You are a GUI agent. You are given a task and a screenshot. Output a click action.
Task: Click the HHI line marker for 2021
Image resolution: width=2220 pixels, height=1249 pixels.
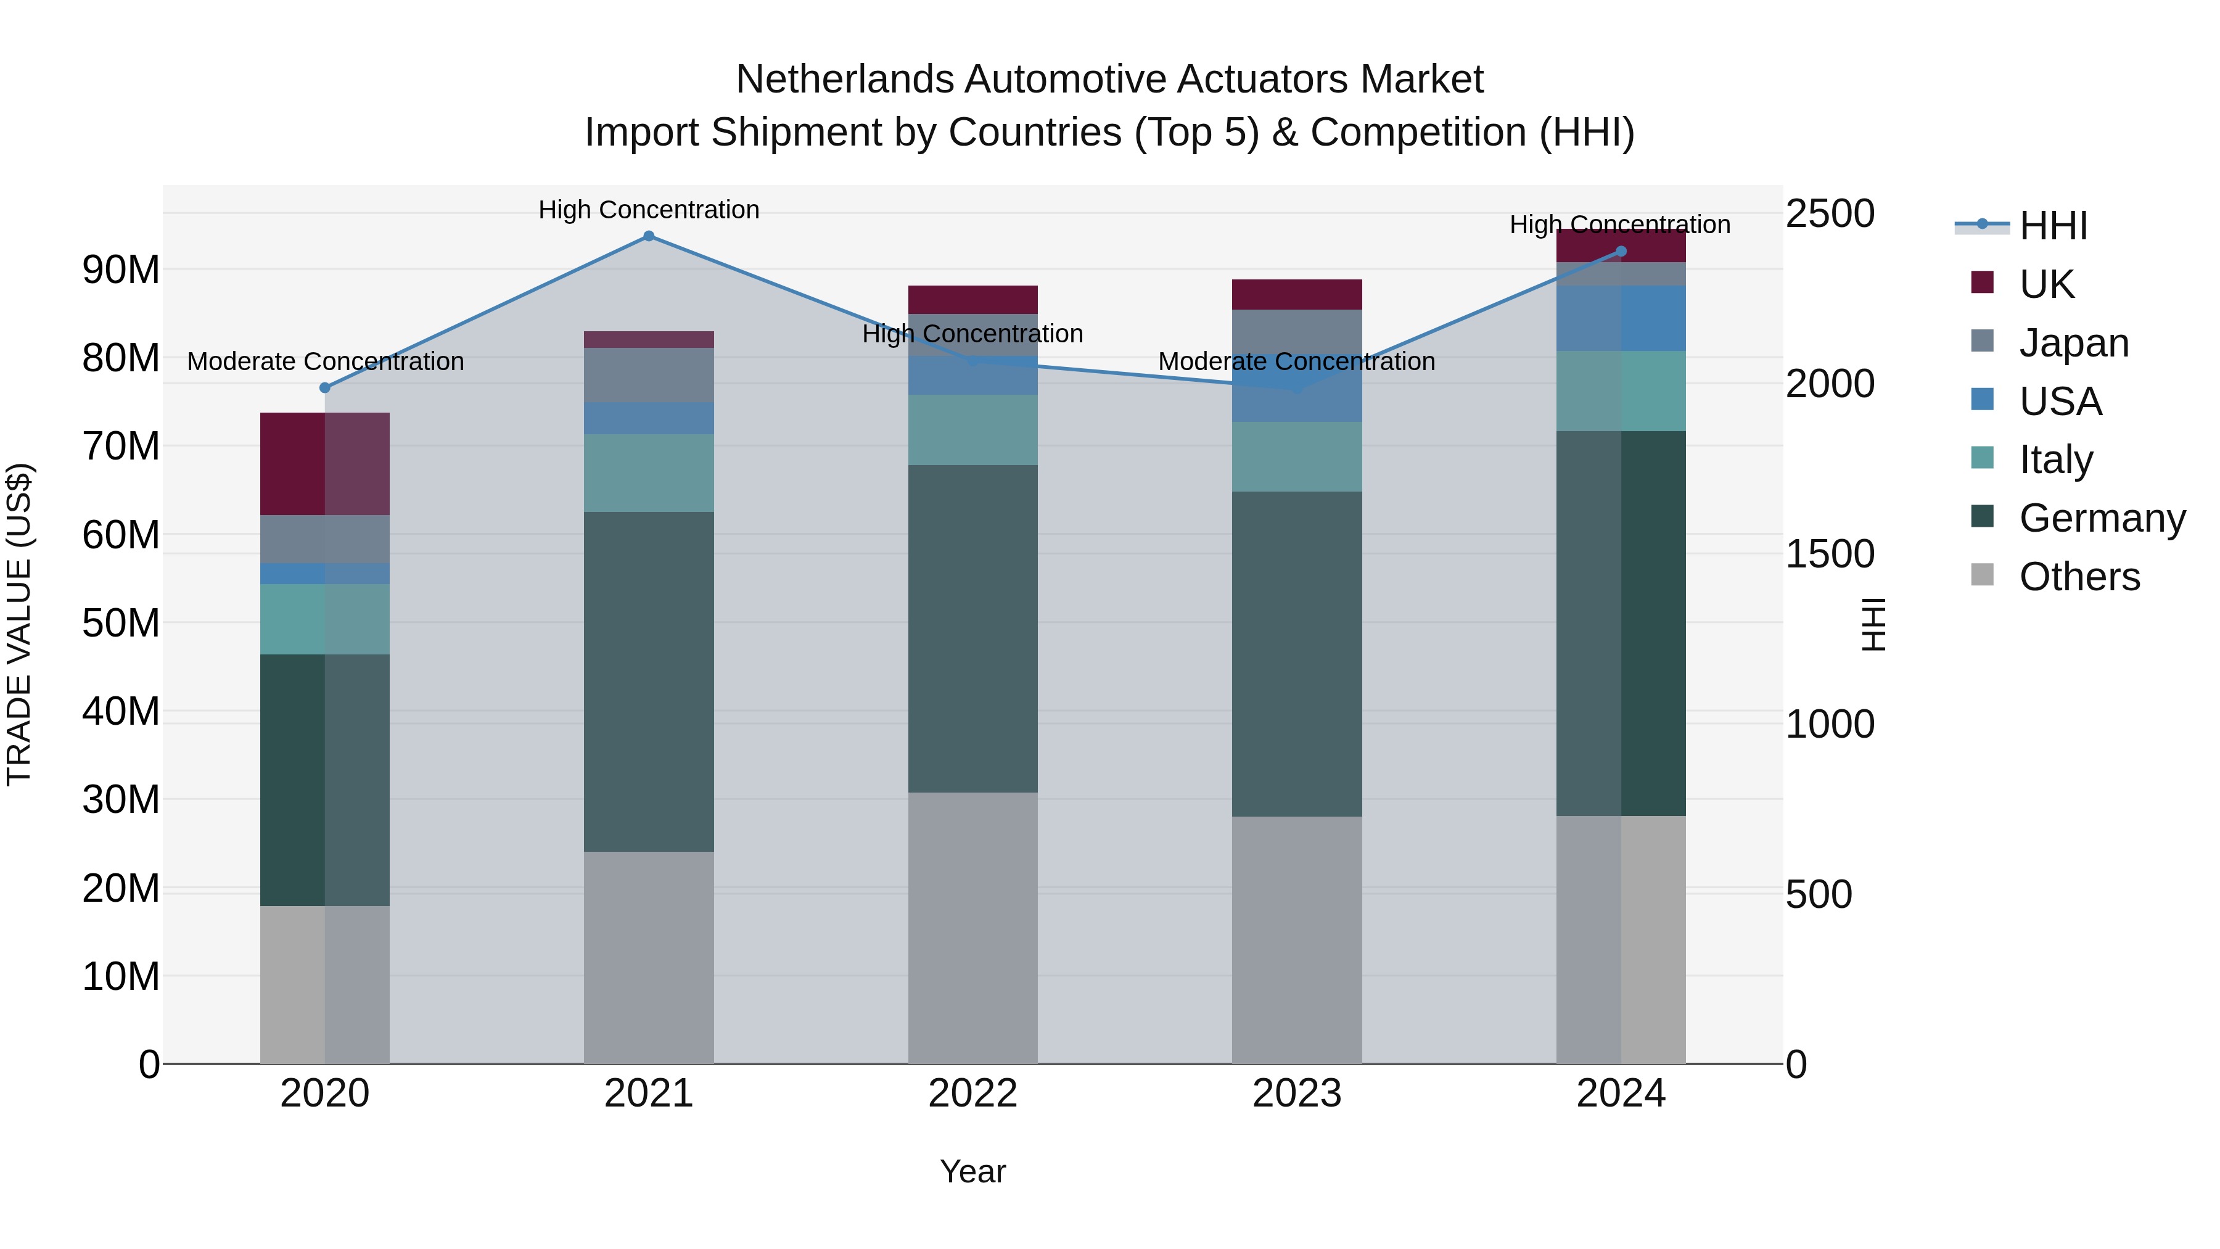point(649,236)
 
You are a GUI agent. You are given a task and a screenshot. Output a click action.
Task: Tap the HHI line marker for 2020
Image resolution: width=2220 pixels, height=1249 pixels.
point(325,388)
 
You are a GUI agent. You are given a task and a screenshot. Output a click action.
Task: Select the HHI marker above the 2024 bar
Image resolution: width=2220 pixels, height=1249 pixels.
point(1621,252)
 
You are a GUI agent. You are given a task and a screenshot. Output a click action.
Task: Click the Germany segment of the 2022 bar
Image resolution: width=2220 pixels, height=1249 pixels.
point(973,629)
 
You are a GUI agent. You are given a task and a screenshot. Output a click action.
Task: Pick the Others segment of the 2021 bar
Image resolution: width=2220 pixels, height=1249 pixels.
point(649,957)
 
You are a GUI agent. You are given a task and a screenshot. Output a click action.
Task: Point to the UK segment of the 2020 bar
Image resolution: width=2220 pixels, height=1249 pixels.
point(325,464)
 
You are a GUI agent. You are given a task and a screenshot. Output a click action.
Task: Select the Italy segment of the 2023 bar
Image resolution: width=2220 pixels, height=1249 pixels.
point(1297,457)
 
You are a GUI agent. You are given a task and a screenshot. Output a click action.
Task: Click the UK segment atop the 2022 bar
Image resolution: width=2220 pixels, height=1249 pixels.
point(973,299)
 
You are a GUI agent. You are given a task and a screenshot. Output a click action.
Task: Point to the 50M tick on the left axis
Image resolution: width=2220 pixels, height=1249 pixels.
point(121,623)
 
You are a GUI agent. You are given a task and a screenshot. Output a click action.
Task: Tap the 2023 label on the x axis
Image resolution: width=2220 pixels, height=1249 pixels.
point(1297,1094)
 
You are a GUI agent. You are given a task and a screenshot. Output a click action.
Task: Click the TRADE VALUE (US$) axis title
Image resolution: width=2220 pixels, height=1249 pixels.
point(19,624)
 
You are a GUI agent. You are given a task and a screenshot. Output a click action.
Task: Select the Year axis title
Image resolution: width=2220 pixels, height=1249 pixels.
point(973,1171)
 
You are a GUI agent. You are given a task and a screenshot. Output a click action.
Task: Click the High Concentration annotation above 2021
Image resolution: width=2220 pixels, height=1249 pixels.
point(649,210)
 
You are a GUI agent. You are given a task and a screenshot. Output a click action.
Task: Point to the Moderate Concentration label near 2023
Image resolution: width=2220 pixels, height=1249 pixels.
point(1296,361)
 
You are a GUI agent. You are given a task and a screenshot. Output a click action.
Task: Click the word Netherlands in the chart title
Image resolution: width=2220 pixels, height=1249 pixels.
point(845,80)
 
